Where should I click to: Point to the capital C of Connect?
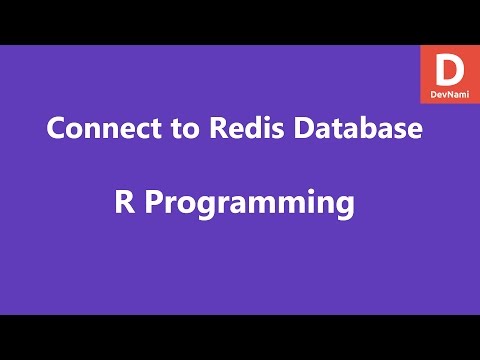[57, 130]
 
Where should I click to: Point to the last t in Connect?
[138, 131]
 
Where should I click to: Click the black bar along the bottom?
[240, 337]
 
